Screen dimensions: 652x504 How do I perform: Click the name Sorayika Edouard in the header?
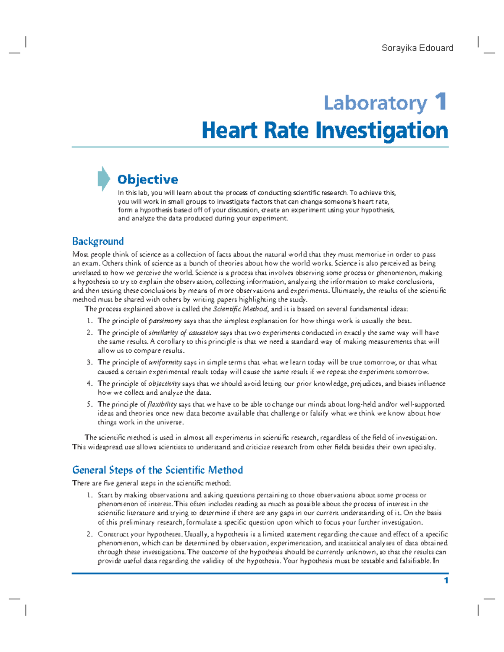pos(417,48)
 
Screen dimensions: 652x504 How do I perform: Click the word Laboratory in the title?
pos(375,103)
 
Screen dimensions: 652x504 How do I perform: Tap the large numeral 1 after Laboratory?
pos(441,102)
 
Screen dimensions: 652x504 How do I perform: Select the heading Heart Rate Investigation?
pos(325,130)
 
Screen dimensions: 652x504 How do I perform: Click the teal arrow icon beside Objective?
pos(103,179)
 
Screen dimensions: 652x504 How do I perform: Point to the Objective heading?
pos(147,180)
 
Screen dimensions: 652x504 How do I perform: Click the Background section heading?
pos(98,241)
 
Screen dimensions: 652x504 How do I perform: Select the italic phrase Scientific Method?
pos(240,309)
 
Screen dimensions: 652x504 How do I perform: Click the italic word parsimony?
pos(165,321)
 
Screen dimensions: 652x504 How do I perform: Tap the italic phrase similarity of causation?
pos(183,333)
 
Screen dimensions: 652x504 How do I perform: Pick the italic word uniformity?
pos(165,362)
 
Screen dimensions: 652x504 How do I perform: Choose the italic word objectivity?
pos(164,383)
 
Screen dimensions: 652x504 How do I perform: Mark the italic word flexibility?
pos(163,404)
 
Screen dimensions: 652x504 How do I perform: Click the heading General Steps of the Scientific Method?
pos(157,470)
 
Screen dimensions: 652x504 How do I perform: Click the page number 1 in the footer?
pos(446,581)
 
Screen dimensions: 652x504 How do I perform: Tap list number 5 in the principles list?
pos(89,404)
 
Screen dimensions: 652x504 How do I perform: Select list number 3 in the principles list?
pos(89,362)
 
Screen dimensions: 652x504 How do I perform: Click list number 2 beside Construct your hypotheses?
pos(89,534)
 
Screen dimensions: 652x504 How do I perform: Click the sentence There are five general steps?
pos(151,483)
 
